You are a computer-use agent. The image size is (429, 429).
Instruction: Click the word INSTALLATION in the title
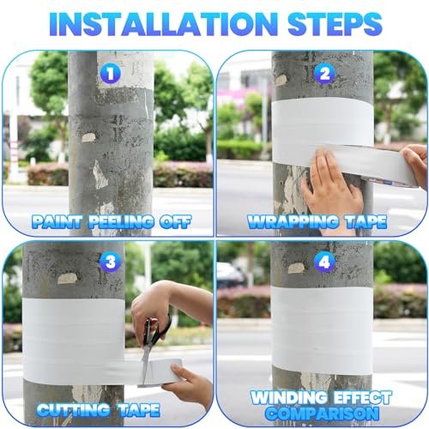coord(164,24)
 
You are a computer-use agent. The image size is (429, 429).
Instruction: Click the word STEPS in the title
coord(335,24)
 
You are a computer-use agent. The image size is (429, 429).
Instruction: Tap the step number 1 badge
coord(111,74)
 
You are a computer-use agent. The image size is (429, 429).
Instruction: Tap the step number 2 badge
coord(324,74)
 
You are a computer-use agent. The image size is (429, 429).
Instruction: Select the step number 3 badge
coord(111,262)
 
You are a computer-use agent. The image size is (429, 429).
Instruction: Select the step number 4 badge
coord(324,262)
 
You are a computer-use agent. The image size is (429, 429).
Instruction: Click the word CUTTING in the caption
coord(73,410)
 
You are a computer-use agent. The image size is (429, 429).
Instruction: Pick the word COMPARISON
coord(322,413)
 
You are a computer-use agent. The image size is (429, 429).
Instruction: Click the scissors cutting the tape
coord(153,346)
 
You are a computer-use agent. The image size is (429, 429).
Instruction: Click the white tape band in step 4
coord(322,330)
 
